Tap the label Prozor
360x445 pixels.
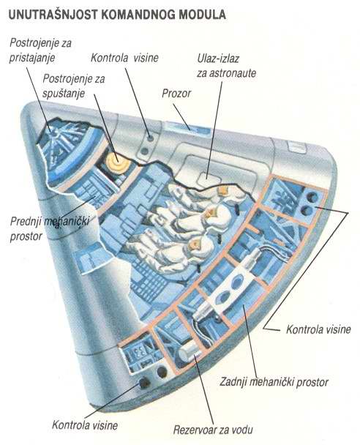(x=176, y=94)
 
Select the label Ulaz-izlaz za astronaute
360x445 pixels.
(x=226, y=66)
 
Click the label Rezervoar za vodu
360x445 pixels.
(x=213, y=430)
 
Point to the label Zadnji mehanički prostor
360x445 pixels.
(x=274, y=382)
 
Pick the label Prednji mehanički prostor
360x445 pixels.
(x=50, y=228)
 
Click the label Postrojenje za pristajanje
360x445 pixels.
(x=40, y=51)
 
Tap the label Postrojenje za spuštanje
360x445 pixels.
(x=74, y=86)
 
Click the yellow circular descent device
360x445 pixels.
(x=116, y=161)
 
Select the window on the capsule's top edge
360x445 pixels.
(x=188, y=129)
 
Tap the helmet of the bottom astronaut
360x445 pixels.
(x=195, y=245)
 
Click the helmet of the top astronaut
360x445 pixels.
(x=225, y=192)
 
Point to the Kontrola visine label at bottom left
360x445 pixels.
(x=85, y=425)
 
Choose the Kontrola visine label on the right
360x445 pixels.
(x=318, y=329)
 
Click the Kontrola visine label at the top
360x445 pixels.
(x=124, y=58)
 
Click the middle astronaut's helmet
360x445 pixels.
(x=213, y=214)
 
